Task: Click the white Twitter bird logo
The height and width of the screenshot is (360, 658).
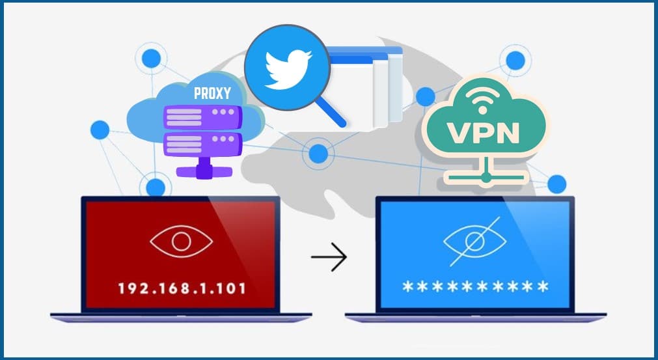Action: coord(288,70)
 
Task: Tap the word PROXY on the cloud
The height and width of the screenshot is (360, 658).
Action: coord(212,93)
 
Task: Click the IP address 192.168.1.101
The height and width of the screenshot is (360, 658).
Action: coord(182,288)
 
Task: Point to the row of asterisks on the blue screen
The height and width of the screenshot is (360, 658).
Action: coord(475,287)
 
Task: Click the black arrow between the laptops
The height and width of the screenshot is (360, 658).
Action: coord(329,256)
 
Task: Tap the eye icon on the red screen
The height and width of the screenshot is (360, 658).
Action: coord(182,242)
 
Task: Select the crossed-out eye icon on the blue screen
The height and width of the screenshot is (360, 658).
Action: coord(475,242)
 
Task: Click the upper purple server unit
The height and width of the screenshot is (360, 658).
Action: coord(202,117)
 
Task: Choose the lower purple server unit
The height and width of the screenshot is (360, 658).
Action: coord(202,145)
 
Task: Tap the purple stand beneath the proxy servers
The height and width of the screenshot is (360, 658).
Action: coord(204,169)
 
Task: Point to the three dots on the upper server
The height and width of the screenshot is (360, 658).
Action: coord(223,112)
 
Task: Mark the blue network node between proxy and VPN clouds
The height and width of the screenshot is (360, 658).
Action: coord(318,154)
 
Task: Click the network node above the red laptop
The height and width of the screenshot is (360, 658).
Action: coord(156,187)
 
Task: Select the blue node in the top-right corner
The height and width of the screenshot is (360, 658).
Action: coord(515,61)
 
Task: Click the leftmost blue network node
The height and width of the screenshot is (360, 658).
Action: coord(100,130)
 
